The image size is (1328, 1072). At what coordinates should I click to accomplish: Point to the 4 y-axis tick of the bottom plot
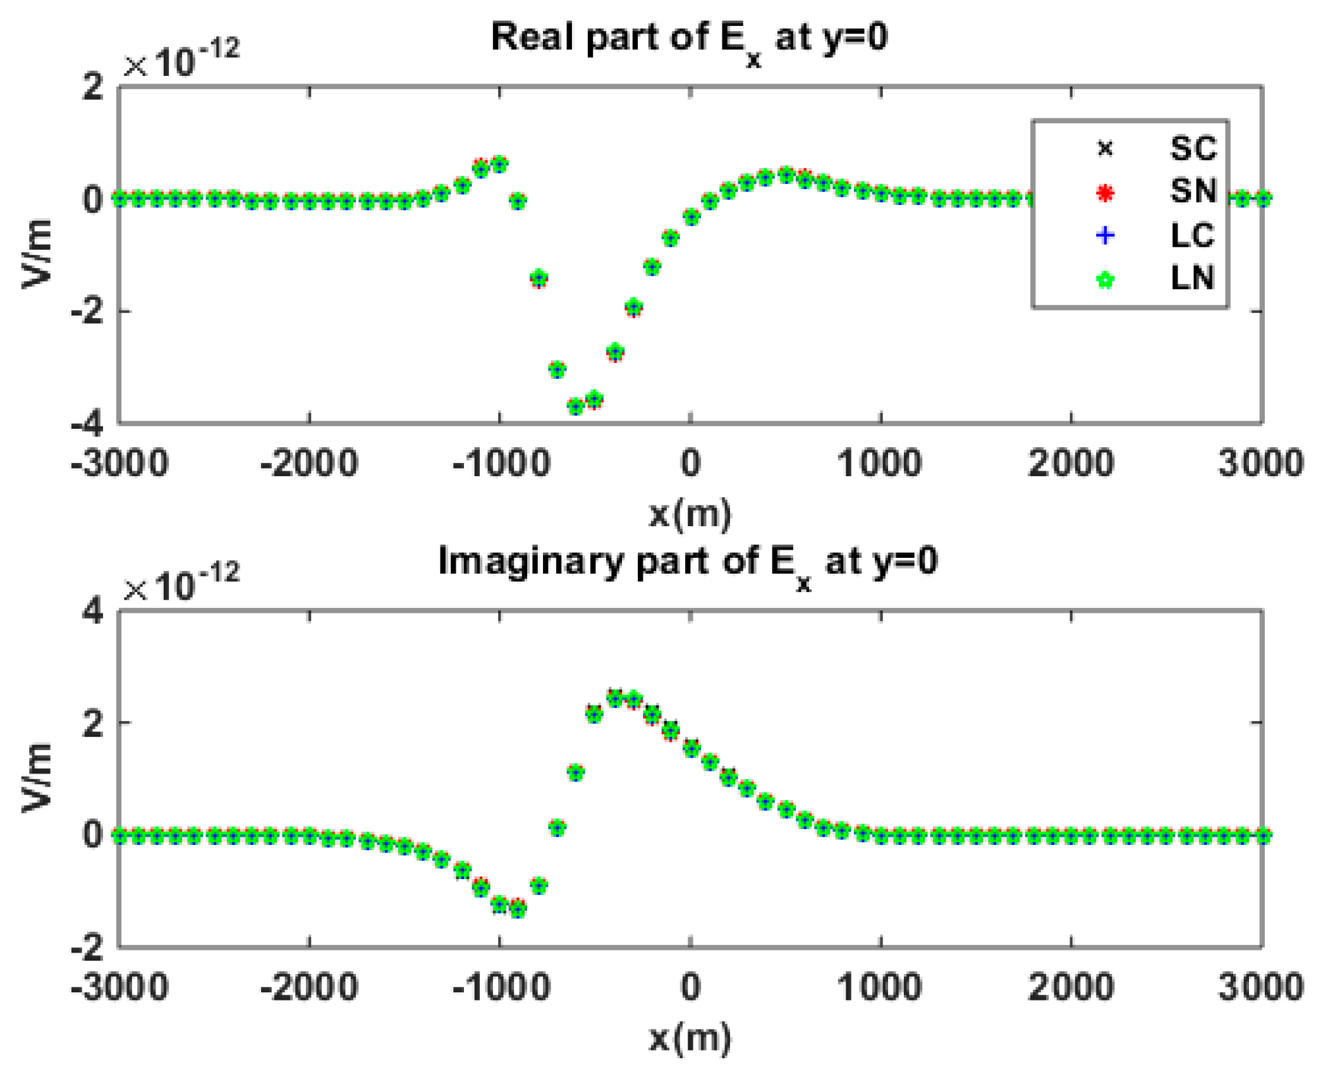point(92,612)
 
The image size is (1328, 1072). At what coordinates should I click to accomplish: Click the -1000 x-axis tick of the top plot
point(501,464)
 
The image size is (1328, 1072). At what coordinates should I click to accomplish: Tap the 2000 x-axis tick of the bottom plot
point(1070,987)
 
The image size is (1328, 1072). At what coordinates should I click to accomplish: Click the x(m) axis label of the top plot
point(690,514)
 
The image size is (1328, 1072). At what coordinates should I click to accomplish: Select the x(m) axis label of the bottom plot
point(690,1038)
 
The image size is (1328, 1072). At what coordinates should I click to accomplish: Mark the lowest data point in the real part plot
point(575,407)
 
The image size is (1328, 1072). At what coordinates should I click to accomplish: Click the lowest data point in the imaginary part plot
point(518,909)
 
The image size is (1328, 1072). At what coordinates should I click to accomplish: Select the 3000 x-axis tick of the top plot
point(1260,464)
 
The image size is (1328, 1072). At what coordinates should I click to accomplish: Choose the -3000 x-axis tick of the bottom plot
point(120,987)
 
